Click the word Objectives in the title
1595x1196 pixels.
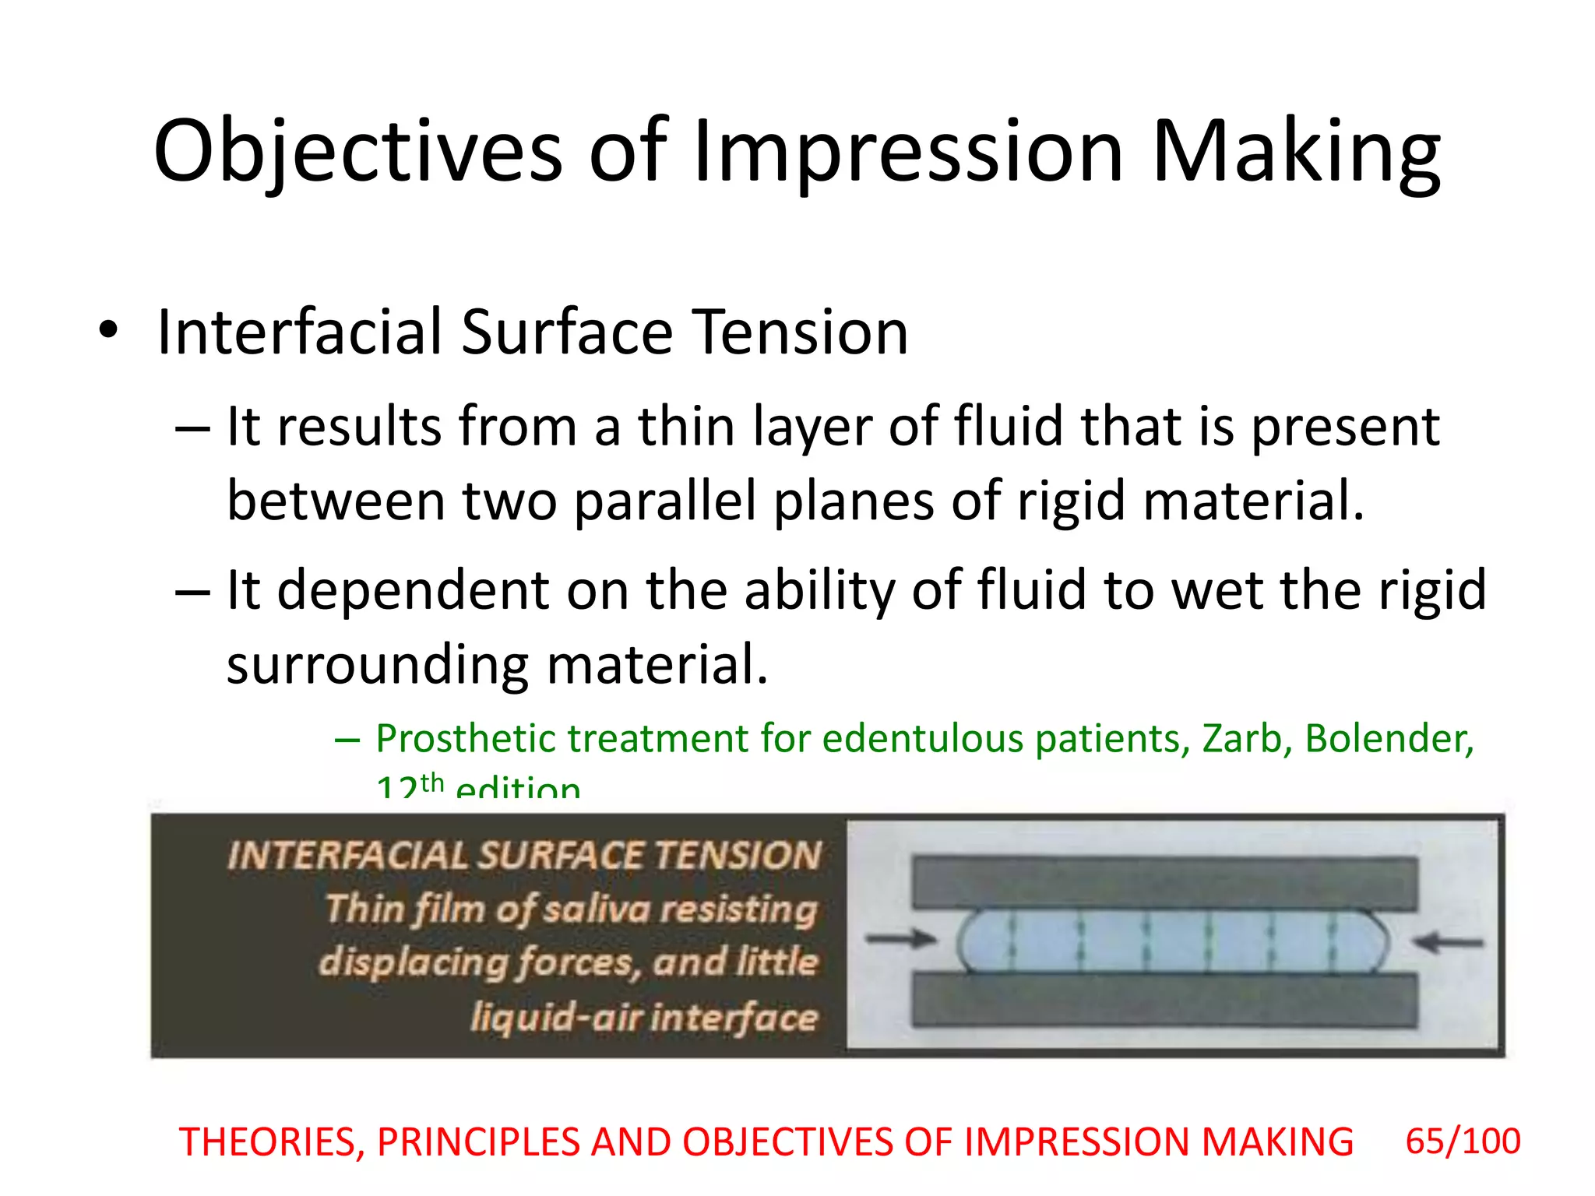(x=357, y=152)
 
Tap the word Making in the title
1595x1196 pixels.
(x=1296, y=152)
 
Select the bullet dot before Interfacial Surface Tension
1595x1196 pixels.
(x=108, y=330)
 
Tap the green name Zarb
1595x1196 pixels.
(x=1241, y=738)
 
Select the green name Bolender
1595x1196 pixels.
(x=1389, y=738)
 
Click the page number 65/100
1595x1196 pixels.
(x=1463, y=1141)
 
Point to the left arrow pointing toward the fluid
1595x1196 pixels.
(x=900, y=938)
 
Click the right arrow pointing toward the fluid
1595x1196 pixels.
(x=1449, y=943)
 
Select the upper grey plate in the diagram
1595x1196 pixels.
(x=1165, y=882)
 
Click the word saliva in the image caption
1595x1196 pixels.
(x=596, y=909)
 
